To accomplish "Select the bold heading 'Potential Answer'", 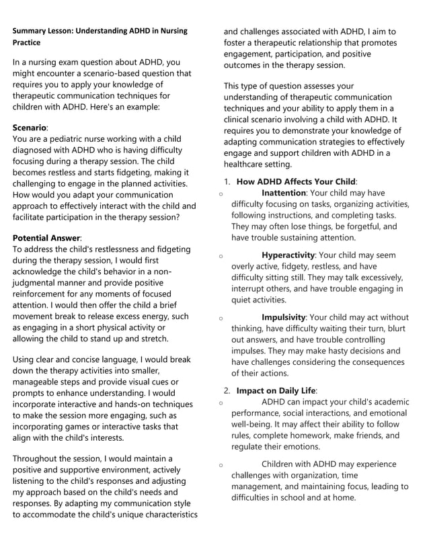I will (46, 238).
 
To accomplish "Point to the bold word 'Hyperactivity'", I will (288, 255).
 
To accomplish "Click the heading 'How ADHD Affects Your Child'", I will (296, 181).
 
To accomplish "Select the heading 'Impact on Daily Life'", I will (276, 390).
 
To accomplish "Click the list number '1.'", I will (228, 181).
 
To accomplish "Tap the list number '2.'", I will (228, 390).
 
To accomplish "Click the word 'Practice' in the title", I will (26, 42).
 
